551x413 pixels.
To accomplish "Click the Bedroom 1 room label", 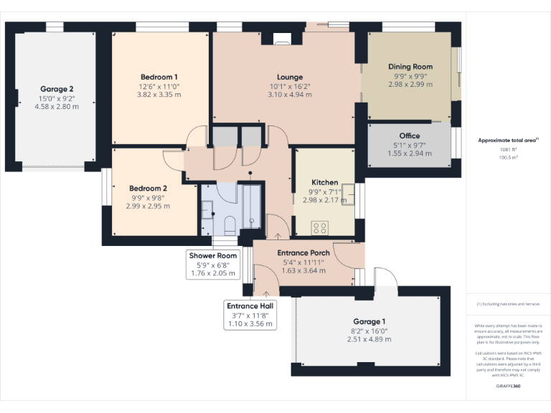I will pyautogui.click(x=159, y=77).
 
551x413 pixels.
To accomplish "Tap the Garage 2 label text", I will pyautogui.click(x=57, y=89).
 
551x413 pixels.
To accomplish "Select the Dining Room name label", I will pyautogui.click(x=410, y=67).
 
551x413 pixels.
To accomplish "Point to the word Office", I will pyautogui.click(x=410, y=136).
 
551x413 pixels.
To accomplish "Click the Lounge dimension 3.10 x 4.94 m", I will pyautogui.click(x=290, y=94).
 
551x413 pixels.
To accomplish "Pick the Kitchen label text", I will pyautogui.click(x=324, y=182).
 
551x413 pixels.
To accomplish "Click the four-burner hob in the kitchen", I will pyautogui.click(x=320, y=228).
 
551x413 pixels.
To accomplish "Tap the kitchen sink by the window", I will pyautogui.click(x=349, y=192).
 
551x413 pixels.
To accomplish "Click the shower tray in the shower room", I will pyautogui.click(x=252, y=206).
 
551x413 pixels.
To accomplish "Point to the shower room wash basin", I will pyautogui.click(x=207, y=209).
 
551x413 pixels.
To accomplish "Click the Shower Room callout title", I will pyautogui.click(x=212, y=255).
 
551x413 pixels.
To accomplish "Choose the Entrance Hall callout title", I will pyautogui.click(x=250, y=305).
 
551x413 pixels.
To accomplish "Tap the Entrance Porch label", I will pyautogui.click(x=303, y=253).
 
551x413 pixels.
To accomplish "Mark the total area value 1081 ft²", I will pyautogui.click(x=508, y=149).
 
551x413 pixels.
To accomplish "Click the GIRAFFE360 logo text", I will pyautogui.click(x=508, y=386).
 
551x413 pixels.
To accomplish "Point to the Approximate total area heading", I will pyautogui.click(x=508, y=140).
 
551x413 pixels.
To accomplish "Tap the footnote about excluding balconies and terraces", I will pyautogui.click(x=508, y=305).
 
